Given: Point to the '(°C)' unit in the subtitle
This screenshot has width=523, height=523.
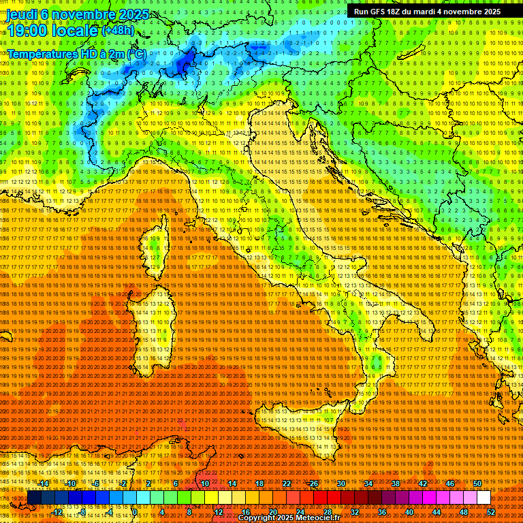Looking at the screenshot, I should (x=133, y=53).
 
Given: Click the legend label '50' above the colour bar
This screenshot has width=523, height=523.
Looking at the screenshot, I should (x=477, y=484).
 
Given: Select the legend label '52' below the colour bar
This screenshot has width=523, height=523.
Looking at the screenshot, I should (x=491, y=512).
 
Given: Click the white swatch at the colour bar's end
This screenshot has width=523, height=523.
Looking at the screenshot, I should (x=484, y=498).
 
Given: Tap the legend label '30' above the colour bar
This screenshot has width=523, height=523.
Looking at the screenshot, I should (x=340, y=484).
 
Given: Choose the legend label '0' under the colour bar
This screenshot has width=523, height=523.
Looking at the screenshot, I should (x=136, y=512).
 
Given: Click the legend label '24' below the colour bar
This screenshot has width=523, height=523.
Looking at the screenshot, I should (x=300, y=512).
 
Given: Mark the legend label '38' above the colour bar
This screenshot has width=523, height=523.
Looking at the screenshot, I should (x=395, y=484).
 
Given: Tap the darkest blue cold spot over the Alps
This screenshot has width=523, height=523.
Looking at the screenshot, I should (x=184, y=65).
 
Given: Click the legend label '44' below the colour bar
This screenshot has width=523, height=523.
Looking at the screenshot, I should (x=436, y=512).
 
